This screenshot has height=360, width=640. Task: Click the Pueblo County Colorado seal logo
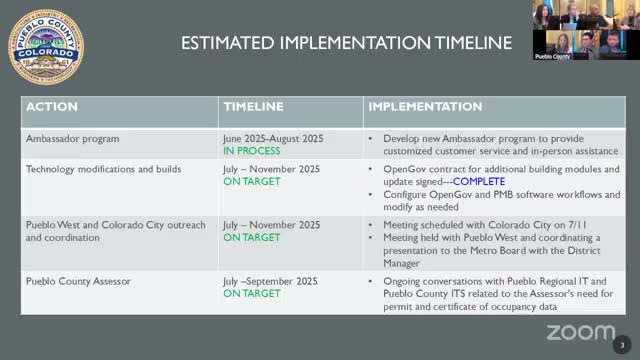[46, 47]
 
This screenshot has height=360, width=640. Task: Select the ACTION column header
[51, 106]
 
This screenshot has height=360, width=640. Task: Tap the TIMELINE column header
[253, 106]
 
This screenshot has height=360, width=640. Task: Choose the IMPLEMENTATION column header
[425, 106]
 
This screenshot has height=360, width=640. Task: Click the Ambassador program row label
[72, 139]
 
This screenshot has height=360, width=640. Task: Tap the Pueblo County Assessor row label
[78, 281]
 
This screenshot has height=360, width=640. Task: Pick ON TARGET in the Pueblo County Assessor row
[252, 294]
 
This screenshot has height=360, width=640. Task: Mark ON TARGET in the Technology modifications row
[252, 182]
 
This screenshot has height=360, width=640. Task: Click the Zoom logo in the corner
[580, 332]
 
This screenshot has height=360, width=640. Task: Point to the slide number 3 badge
[622, 345]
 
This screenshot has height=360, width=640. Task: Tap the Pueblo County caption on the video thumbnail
[553, 57]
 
